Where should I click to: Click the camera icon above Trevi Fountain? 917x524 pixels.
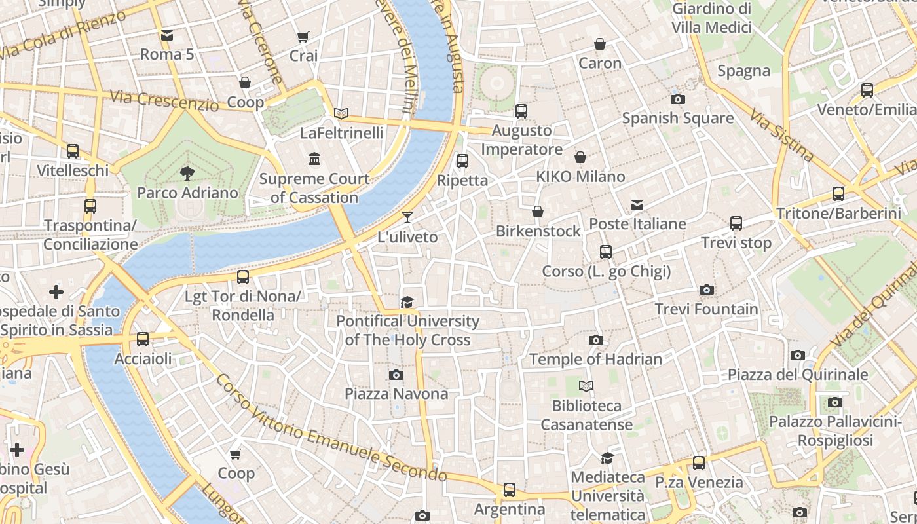tap(706, 290)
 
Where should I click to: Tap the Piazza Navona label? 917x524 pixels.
tap(396, 394)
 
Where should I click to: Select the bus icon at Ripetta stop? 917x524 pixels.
tap(462, 160)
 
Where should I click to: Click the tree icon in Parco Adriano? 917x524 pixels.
tap(187, 174)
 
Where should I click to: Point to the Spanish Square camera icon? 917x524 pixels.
tap(678, 100)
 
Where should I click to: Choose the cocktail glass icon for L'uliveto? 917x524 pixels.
tap(407, 217)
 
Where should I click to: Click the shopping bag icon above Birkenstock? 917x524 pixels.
tap(538, 212)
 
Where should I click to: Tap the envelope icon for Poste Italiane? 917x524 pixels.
tap(637, 205)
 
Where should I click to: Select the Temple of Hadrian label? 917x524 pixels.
tap(595, 359)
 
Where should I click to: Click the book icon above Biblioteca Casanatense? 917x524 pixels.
tap(586, 386)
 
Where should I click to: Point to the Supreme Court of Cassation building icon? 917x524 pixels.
tap(314, 159)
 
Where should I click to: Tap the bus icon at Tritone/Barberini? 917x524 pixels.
tap(838, 193)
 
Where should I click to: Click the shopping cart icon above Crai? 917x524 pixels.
tap(303, 37)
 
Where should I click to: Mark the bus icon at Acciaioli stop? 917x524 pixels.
tap(143, 339)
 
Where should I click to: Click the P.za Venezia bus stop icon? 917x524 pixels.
tap(699, 463)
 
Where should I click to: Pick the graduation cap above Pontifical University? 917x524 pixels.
tap(407, 302)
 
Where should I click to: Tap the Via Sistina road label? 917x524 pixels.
tap(781, 136)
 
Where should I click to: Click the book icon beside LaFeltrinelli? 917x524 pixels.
tap(341, 113)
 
